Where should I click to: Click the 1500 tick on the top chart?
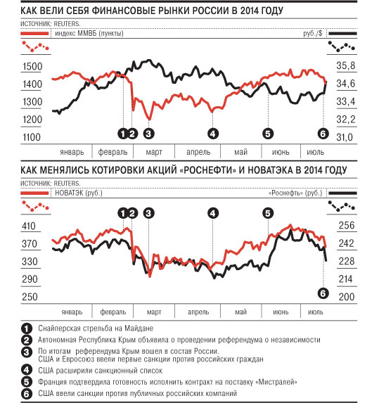[32, 66]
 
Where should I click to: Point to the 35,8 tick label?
[346, 65]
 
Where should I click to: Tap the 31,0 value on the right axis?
[345, 137]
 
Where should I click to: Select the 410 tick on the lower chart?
[29, 226]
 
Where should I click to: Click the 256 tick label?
[347, 225]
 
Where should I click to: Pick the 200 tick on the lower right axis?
[347, 297]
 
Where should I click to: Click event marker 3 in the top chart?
[149, 134]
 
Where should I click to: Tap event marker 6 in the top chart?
[323, 134]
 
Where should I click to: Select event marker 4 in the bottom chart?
[213, 213]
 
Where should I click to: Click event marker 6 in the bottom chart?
[323, 293]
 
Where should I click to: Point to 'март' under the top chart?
[154, 152]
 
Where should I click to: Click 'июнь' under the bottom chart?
[281, 312]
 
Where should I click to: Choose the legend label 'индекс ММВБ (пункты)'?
[89, 34]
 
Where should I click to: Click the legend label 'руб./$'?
[313, 34]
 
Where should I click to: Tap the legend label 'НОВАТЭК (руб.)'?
[79, 193]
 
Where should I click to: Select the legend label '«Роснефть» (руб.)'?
[295, 193]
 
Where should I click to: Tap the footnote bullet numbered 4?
[27, 371]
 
